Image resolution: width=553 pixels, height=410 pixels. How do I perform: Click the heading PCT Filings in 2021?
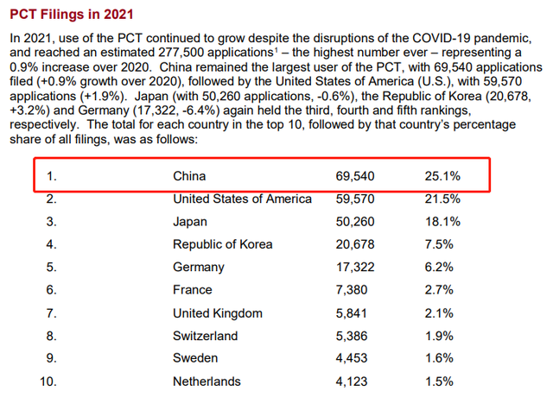pos(72,15)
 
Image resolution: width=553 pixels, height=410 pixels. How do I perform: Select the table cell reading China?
pos(189,176)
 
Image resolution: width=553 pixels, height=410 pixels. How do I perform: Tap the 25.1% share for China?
pos(442,176)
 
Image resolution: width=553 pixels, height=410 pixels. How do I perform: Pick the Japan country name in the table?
pos(190,222)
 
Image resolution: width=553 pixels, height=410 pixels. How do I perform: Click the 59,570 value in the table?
pos(355,199)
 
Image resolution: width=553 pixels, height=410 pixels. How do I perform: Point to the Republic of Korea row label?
pos(223,244)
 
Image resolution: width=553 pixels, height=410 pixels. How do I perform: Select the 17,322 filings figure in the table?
pos(355,267)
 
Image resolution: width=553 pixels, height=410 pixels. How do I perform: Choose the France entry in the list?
pos(192,289)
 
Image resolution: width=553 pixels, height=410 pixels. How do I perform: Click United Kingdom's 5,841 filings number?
pos(352,313)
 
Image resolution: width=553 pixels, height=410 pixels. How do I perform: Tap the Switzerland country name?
pos(206,336)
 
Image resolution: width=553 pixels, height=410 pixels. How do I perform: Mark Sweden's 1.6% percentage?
pos(439,358)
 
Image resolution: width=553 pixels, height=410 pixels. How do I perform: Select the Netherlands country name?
pos(207,382)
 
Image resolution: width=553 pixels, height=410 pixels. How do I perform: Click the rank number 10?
pos(48,382)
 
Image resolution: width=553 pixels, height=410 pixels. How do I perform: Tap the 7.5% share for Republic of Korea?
pos(439,244)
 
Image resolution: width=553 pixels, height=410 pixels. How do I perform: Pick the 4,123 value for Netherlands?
pos(352,382)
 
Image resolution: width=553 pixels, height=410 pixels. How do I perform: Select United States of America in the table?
pos(242,199)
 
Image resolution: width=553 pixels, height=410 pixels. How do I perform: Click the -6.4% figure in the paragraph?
pos(199,110)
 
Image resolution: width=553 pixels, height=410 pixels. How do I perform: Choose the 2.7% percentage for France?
pos(439,289)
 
